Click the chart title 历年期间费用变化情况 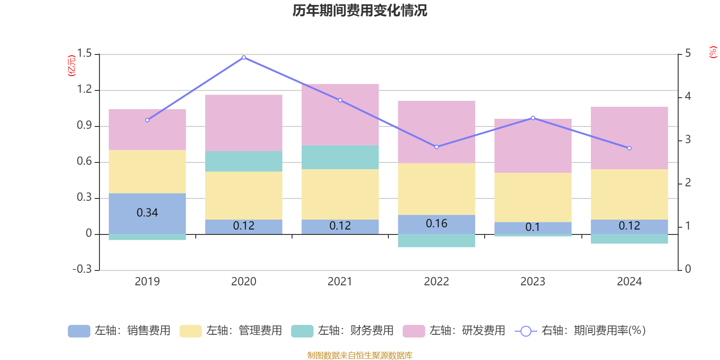(360, 10)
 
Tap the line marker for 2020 (244, 57)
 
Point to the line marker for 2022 (436, 147)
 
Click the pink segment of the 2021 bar (340, 115)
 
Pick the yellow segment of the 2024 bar (629, 194)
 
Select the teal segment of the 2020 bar (244, 161)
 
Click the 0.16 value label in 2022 (436, 224)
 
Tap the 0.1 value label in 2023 (533, 227)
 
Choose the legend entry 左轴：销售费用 (120, 331)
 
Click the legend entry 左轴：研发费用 (454, 331)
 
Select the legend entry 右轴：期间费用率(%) (580, 331)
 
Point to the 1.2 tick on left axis (84, 90)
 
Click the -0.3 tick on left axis (82, 269)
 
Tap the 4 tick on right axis (688, 96)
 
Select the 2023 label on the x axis (533, 282)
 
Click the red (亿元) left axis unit (72, 66)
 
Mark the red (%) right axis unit (713, 52)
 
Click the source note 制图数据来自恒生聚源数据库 (360, 355)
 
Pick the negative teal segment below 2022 (436, 241)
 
